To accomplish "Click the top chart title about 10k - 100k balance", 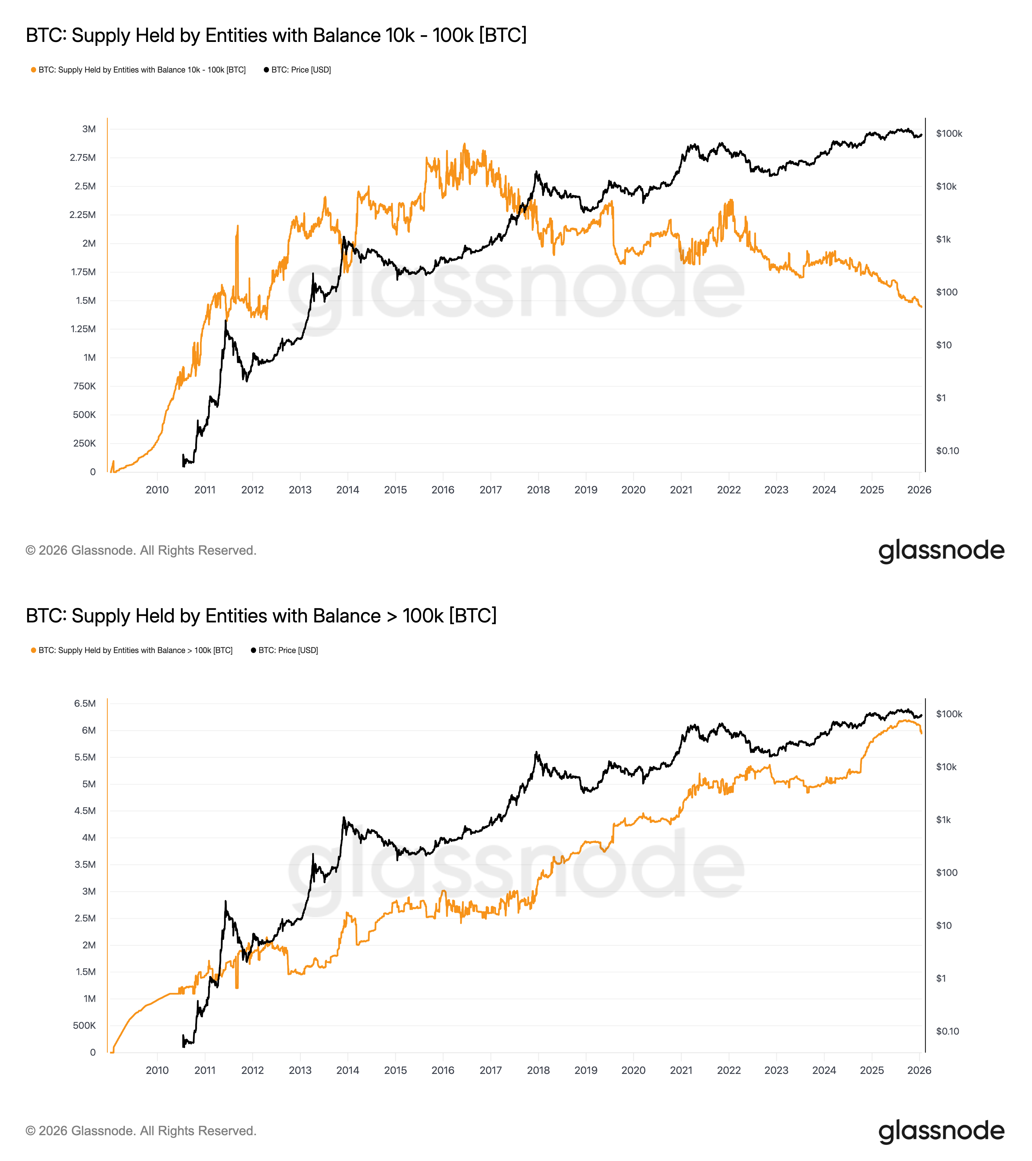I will pos(276,35).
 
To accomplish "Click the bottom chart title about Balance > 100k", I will pos(261,616).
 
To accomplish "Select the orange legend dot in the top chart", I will pos(34,70).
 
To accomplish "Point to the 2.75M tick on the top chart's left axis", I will pos(83,157).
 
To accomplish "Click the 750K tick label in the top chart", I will pos(84,386).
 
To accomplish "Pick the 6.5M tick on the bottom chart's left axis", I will pos(85,703).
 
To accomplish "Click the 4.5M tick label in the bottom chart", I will pos(85,810).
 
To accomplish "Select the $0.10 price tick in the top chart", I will pos(948,451).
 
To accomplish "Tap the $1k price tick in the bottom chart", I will pos(943,819).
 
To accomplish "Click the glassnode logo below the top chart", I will pos(941,551).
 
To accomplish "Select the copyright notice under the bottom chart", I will pos(141,1131).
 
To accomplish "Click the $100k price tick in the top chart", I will pos(949,134).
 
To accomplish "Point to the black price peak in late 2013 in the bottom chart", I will pos(343,818).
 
